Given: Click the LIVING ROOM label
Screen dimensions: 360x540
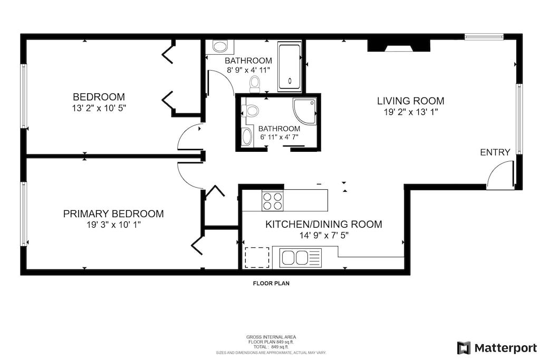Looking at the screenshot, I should tap(410, 101).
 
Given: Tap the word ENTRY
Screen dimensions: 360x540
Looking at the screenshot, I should tap(495, 152).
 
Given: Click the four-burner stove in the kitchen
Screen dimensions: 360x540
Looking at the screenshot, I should tap(272, 201).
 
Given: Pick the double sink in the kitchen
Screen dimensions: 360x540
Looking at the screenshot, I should tap(295, 258).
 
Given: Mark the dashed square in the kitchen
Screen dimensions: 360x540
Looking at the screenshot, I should tap(257, 258).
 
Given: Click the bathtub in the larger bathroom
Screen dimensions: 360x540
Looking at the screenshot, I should tap(289, 67).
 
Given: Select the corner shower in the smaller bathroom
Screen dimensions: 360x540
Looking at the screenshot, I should tap(305, 111).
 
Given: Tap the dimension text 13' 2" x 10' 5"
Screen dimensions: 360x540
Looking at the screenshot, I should tap(99, 108).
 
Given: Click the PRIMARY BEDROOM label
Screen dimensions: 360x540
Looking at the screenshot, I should tap(113, 213).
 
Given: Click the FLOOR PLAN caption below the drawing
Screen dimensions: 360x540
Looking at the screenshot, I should tap(271, 284).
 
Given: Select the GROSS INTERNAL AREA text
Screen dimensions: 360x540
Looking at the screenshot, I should tap(271, 337).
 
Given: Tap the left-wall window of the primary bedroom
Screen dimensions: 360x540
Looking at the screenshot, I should tap(24, 213).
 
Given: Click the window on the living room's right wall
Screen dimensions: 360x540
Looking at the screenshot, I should tap(519, 119).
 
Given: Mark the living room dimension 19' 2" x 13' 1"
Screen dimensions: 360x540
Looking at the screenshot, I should tap(410, 112).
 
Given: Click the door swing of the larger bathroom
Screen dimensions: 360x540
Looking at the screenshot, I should tap(221, 83).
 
